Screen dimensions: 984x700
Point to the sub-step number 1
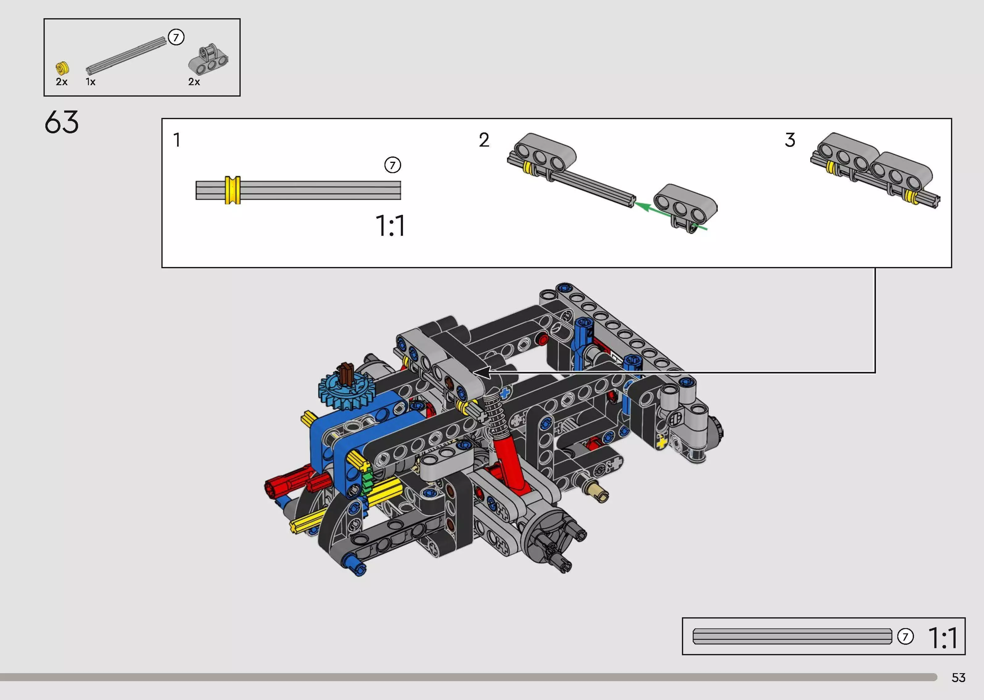click(176, 140)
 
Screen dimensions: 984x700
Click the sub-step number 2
click(484, 140)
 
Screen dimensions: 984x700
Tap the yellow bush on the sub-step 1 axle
click(233, 190)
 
